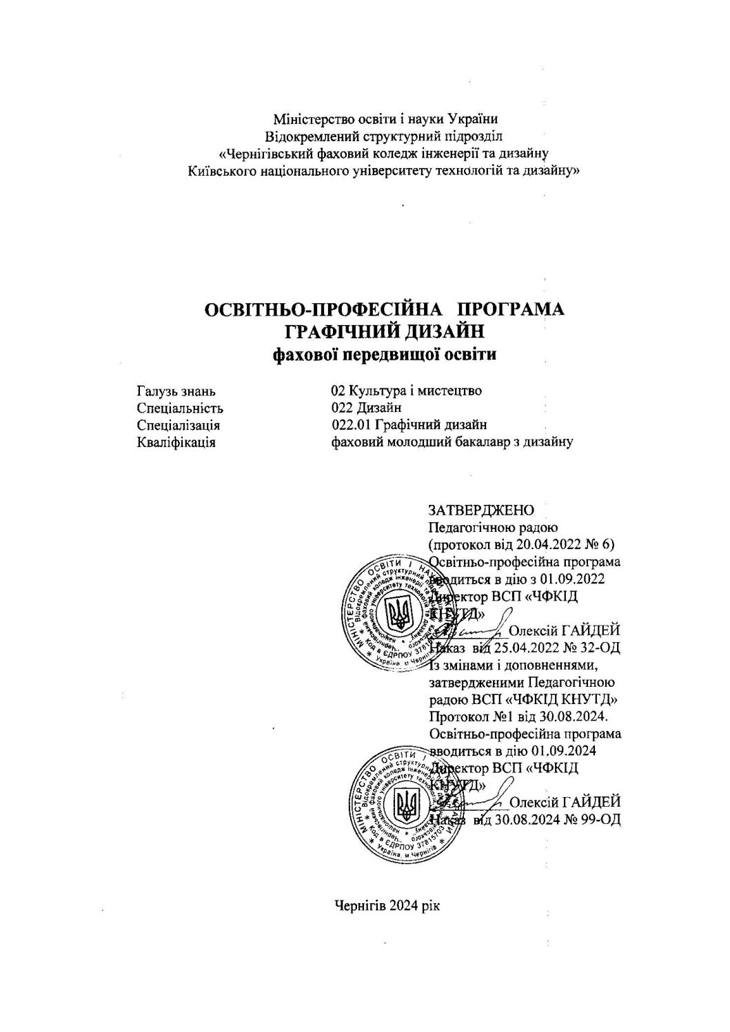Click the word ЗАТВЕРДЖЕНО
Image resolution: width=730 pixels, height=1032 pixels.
click(x=482, y=510)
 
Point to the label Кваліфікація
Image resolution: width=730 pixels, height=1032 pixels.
click(x=176, y=442)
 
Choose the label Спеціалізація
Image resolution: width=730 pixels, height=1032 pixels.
click(x=179, y=425)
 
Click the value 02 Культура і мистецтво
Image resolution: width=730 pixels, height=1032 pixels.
click(x=406, y=391)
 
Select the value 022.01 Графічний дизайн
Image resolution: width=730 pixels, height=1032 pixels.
click(x=409, y=425)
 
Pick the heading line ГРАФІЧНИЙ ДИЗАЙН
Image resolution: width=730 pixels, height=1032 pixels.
click(x=385, y=331)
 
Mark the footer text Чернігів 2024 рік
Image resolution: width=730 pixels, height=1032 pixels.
click(x=386, y=905)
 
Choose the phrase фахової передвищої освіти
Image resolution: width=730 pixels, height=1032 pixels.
click(x=385, y=355)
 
